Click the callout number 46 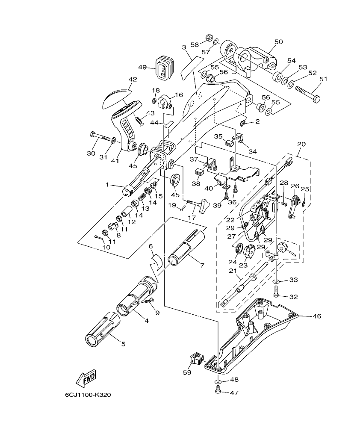click(317, 316)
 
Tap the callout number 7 click(202, 265)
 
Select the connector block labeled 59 click(196, 358)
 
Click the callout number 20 click(301, 144)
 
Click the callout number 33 click(293, 280)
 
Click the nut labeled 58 click(209, 37)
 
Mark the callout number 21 click(232, 271)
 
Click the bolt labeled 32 click(276, 293)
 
